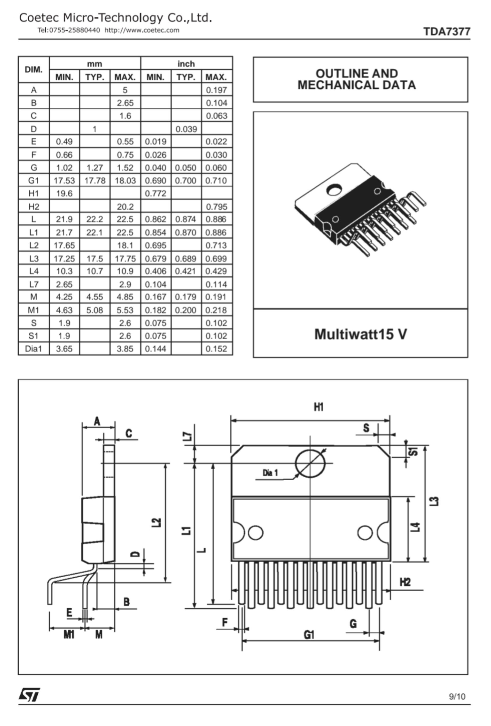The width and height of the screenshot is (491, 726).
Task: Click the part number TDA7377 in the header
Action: pyautogui.click(x=446, y=32)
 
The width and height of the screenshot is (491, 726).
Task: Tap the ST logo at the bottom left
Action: pyautogui.click(x=29, y=695)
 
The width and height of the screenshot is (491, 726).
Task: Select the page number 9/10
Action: pyautogui.click(x=457, y=696)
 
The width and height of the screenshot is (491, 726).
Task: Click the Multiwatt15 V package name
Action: pyautogui.click(x=360, y=334)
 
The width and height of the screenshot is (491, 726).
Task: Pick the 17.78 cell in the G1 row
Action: pyautogui.click(x=95, y=181)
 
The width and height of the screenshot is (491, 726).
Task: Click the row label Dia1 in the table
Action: pyautogui.click(x=33, y=349)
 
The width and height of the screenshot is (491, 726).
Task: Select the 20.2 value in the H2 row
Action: pyautogui.click(x=125, y=207)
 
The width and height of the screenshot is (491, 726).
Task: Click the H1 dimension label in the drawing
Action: pyautogui.click(x=319, y=407)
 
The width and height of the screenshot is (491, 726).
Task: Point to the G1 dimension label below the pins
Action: pyautogui.click(x=309, y=635)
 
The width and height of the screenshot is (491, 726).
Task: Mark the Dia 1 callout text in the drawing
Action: pyautogui.click(x=270, y=473)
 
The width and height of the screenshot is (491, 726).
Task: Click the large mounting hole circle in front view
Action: pyautogui.click(x=310, y=464)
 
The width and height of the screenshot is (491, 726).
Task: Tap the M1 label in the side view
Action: pyautogui.click(x=69, y=635)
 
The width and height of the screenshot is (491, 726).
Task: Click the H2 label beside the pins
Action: pyautogui.click(x=405, y=582)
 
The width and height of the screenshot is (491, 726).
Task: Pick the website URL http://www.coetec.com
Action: pyautogui.click(x=142, y=30)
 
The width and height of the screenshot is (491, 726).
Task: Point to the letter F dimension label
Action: pyautogui.click(x=225, y=622)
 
